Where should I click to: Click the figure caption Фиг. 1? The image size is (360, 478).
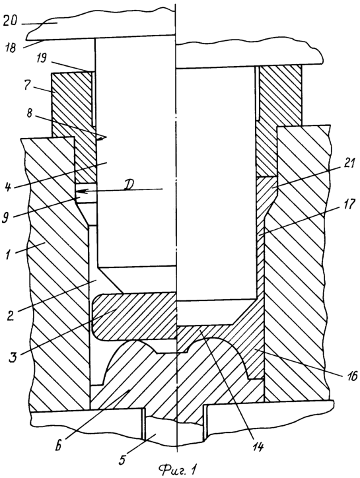point(176,470)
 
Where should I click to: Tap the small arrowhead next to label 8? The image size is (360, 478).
point(102,138)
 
